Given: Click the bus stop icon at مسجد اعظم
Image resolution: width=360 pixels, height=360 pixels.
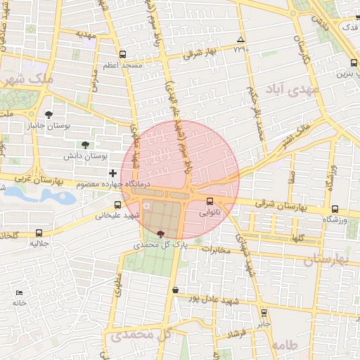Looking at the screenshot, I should pos(123,54).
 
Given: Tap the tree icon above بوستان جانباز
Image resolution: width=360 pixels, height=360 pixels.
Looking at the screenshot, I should pos(48,115).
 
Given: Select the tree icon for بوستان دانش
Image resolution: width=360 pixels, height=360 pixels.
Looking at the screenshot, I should pos(85,144).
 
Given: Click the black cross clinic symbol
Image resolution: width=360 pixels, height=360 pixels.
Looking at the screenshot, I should pos(112,172).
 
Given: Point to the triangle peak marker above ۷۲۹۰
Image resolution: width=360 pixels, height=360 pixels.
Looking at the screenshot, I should pos(241,39).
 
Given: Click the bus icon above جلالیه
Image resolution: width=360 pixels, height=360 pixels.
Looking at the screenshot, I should pos(38,233).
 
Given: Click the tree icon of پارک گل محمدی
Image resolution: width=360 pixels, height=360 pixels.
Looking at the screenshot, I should pos(161,234).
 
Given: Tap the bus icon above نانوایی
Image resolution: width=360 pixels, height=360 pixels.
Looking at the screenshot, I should pos(210,200).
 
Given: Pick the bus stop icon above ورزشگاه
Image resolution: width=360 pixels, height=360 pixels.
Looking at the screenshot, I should pos(334,209).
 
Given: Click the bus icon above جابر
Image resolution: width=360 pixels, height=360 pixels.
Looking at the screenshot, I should pos(264,313).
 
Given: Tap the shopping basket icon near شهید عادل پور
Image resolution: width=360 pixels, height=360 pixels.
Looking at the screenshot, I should pos(174,290).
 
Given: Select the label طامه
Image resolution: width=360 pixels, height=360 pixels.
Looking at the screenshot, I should pos(284,345).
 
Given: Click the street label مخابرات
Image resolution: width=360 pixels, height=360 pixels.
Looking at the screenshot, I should pos(215,250).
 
